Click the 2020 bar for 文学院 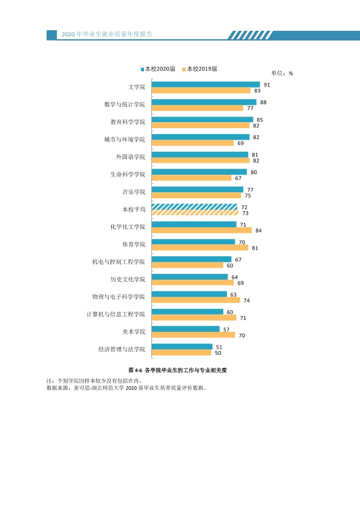click(x=206, y=85)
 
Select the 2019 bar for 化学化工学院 click(x=201, y=230)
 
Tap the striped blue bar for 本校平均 click(x=194, y=207)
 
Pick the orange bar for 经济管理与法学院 click(x=182, y=352)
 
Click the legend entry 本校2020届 click(x=158, y=69)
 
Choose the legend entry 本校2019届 click(x=200, y=69)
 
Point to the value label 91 click(x=267, y=85)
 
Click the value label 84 click(x=258, y=230)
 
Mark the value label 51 click(x=219, y=347)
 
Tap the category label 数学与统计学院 click(x=125, y=104)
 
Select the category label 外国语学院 click(x=131, y=157)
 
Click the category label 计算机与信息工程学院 click(x=116, y=314)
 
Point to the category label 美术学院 click(x=134, y=332)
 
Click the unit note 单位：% click(x=282, y=73)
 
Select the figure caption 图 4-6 click(x=135, y=370)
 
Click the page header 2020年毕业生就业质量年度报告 click(x=107, y=34)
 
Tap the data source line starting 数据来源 click(x=126, y=387)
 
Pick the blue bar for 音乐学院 click(x=197, y=189)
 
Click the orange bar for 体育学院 click(x=200, y=248)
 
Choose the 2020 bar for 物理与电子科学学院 click(x=189, y=294)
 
